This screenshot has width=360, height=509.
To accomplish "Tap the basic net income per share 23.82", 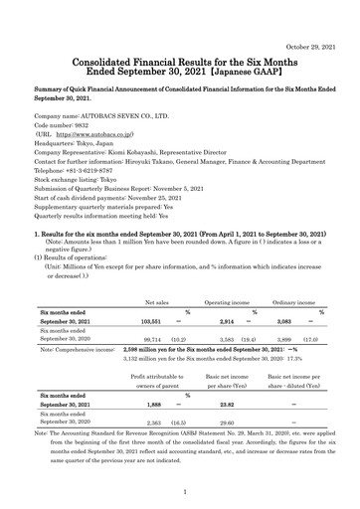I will pyautogui.click(x=225, y=405).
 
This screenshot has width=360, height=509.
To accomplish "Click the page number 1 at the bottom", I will pyautogui.click(x=180, y=491).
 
